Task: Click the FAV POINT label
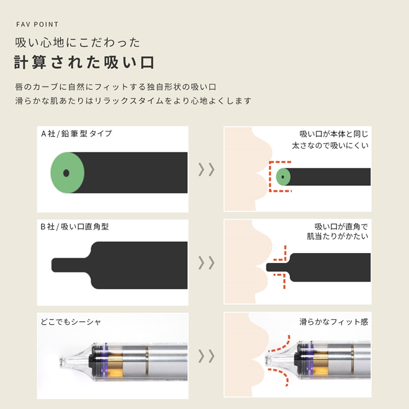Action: click(x=37, y=25)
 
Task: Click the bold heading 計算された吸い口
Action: click(x=85, y=63)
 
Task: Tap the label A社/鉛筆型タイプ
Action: click(x=76, y=133)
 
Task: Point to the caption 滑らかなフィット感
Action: click(x=334, y=321)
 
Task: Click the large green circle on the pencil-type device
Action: click(x=67, y=172)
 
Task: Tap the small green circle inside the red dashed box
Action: click(x=283, y=175)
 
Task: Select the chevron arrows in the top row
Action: click(x=206, y=169)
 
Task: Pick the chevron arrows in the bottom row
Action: click(x=206, y=356)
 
